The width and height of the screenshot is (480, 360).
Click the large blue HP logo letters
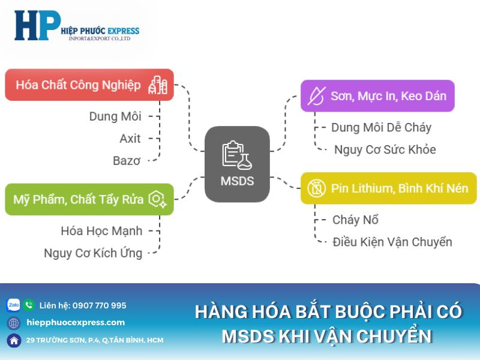(37, 27)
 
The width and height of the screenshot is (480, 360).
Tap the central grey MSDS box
(237, 164)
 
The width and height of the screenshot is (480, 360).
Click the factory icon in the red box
(158, 85)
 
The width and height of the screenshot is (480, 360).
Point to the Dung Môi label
(115, 116)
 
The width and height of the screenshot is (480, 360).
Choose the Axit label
(130, 139)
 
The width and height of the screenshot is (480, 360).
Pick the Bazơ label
(127, 161)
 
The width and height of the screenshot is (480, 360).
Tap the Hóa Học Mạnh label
(101, 230)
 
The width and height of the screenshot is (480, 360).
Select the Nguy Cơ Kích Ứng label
(93, 253)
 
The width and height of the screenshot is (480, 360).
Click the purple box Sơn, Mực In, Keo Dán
(377, 96)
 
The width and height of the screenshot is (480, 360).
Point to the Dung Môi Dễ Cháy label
(381, 127)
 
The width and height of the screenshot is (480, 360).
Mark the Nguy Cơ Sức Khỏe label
(385, 149)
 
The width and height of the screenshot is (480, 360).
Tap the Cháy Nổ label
(355, 220)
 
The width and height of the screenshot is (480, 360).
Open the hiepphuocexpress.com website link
(76, 322)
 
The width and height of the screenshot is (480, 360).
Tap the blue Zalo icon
(13, 305)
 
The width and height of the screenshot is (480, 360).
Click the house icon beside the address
(13, 340)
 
